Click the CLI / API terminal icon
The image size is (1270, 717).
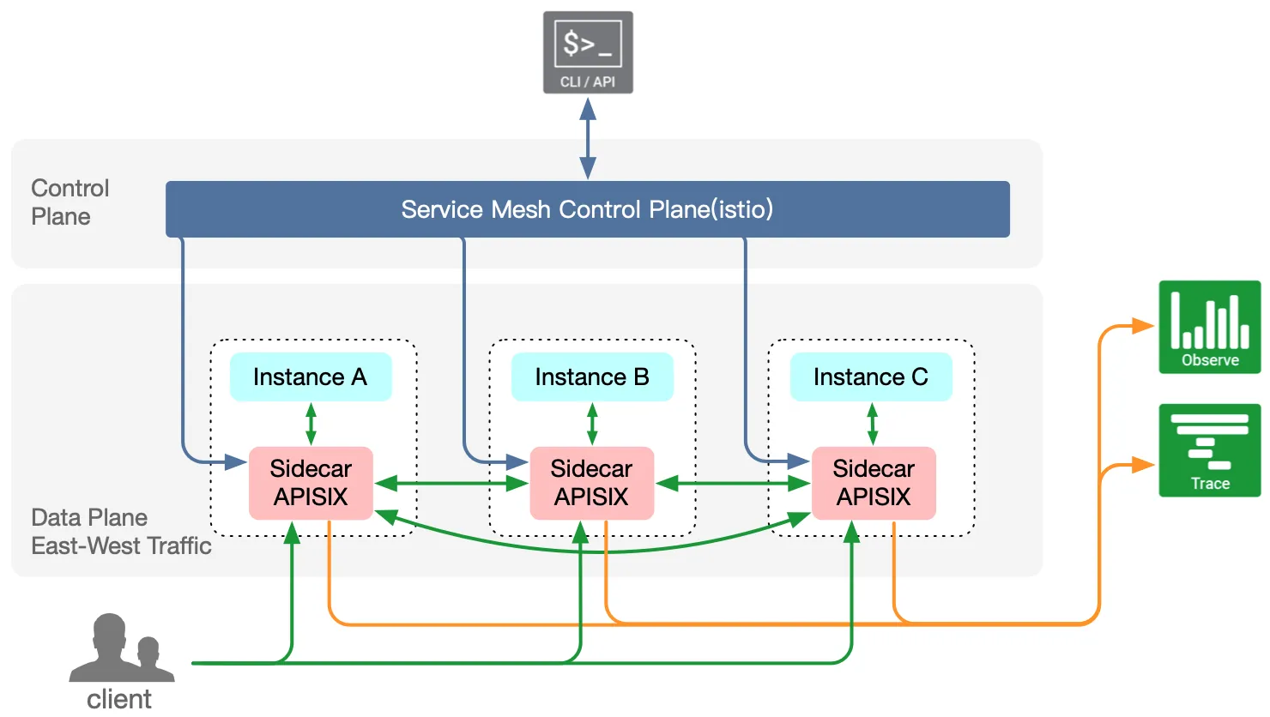pos(588,52)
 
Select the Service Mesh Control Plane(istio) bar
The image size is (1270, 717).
pos(587,209)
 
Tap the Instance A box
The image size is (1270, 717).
pos(311,377)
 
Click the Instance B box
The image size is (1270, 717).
pos(592,377)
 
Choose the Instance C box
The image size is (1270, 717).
pos(871,377)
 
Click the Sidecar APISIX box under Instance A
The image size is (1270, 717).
pos(311,483)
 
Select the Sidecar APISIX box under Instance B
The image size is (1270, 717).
pos(592,483)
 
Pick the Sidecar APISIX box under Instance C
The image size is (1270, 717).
pos(874,483)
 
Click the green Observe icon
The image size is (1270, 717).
pos(1210,327)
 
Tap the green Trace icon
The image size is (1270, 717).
pos(1210,450)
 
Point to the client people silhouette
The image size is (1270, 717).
pos(122,648)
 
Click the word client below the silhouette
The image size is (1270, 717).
pos(119,700)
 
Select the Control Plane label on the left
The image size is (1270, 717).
pos(70,202)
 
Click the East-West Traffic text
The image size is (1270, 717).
pos(121,545)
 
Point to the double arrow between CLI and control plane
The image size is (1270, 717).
pos(588,138)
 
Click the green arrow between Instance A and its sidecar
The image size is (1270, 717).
pos(311,424)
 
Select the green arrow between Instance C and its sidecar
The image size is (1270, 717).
pos(873,424)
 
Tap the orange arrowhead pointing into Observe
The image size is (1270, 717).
pos(1143,326)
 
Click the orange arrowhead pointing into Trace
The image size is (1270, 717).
pos(1143,466)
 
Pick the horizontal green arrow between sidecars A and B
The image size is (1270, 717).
pos(451,484)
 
